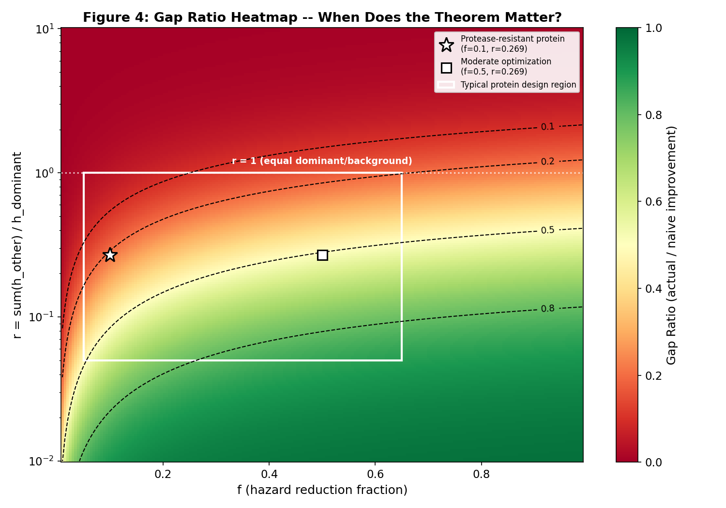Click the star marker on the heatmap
pos(110,255)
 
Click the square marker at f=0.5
pos(322,255)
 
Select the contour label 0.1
pos(547,127)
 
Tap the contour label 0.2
pos(547,162)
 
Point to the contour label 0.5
pos(547,230)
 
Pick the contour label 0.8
pos(547,309)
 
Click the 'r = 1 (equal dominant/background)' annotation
pos(322,161)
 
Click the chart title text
pos(322,18)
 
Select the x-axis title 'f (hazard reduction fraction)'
pos(322,490)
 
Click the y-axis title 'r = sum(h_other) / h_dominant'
pos(17,245)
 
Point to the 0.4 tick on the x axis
pos(269,474)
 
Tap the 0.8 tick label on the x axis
pos(481,474)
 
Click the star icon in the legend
pos(446,45)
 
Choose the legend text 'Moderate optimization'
pos(506,62)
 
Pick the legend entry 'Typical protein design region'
pos(518,85)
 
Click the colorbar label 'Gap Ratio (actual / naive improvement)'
pos(671,245)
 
